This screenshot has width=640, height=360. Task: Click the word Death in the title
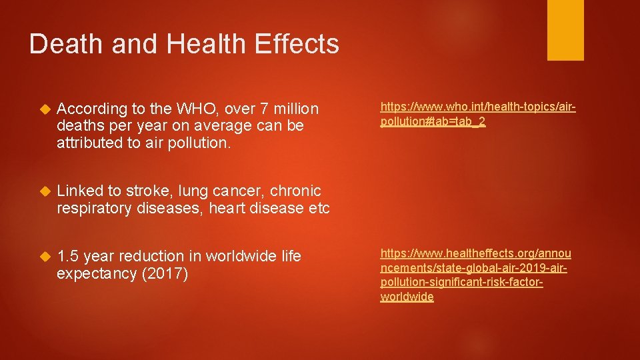[66, 44]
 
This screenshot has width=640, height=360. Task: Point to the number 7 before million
[249, 109]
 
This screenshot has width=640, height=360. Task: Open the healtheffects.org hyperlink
[475, 275]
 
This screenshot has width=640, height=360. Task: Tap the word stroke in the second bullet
[148, 191]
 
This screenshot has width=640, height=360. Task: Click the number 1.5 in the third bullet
[68, 256]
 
